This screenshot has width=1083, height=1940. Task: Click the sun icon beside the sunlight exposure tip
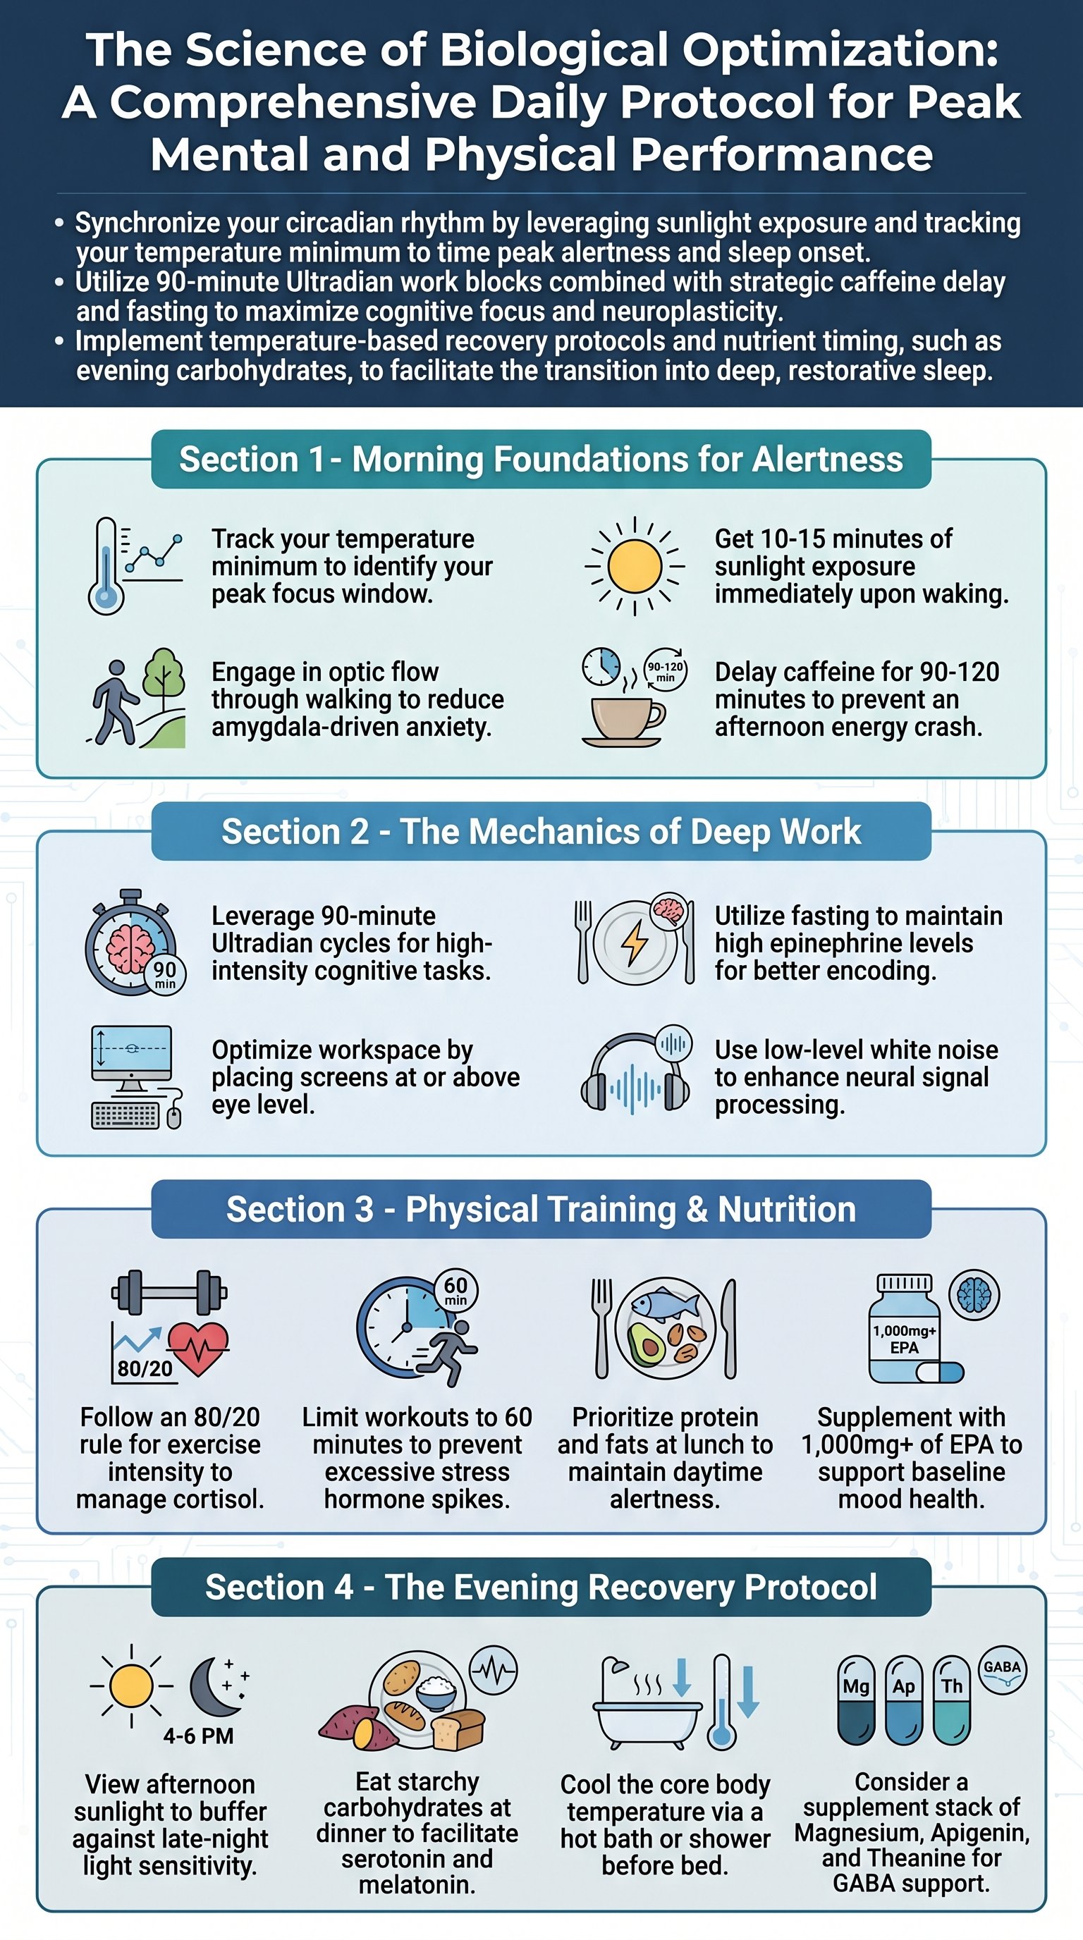coord(635,566)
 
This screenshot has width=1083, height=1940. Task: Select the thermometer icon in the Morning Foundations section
coord(106,565)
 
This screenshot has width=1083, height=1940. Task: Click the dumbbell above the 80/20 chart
coord(169,1292)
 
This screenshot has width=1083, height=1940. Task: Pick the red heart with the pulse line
coord(198,1349)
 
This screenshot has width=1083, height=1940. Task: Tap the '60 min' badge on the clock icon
coord(455,1290)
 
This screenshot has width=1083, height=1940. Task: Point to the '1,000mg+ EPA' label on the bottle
coord(905,1339)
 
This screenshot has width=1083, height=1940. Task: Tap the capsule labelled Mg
coord(856,1700)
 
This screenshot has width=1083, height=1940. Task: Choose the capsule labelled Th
coord(952,1700)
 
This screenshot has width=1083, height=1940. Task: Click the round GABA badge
coord(1003,1669)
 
